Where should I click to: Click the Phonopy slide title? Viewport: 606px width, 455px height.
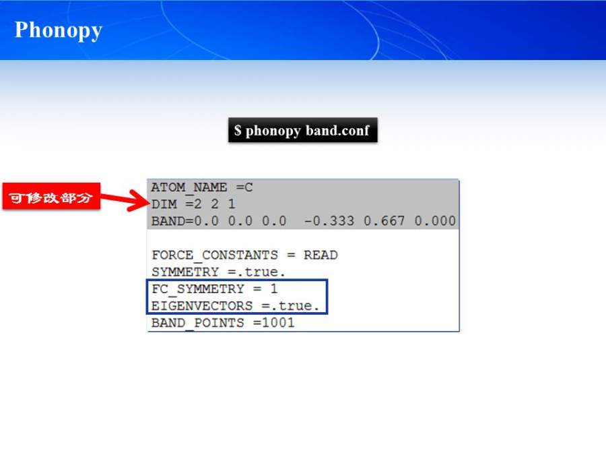[59, 30]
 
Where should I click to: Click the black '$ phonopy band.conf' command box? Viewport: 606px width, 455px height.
[302, 130]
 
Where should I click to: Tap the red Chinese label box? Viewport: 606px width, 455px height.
[51, 197]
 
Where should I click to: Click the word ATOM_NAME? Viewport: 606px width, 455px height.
[189, 187]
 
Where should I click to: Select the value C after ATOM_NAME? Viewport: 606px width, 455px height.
[248, 187]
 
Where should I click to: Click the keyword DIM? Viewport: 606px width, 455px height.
[164, 204]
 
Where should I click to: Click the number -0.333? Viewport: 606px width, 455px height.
[329, 221]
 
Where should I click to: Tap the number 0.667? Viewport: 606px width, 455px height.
[384, 221]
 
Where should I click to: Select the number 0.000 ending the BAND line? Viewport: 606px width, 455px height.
[435, 221]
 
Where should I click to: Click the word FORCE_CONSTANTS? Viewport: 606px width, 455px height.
[215, 255]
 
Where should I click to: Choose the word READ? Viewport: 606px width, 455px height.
[321, 255]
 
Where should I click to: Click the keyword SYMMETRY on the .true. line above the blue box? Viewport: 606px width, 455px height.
[184, 272]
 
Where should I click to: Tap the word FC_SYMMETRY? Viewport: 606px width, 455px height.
[197, 289]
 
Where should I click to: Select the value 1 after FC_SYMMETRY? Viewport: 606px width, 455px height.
[273, 289]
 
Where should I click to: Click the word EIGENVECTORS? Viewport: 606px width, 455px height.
[202, 305]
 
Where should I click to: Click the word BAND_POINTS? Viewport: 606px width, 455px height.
[197, 323]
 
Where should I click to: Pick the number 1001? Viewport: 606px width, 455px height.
[278, 323]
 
